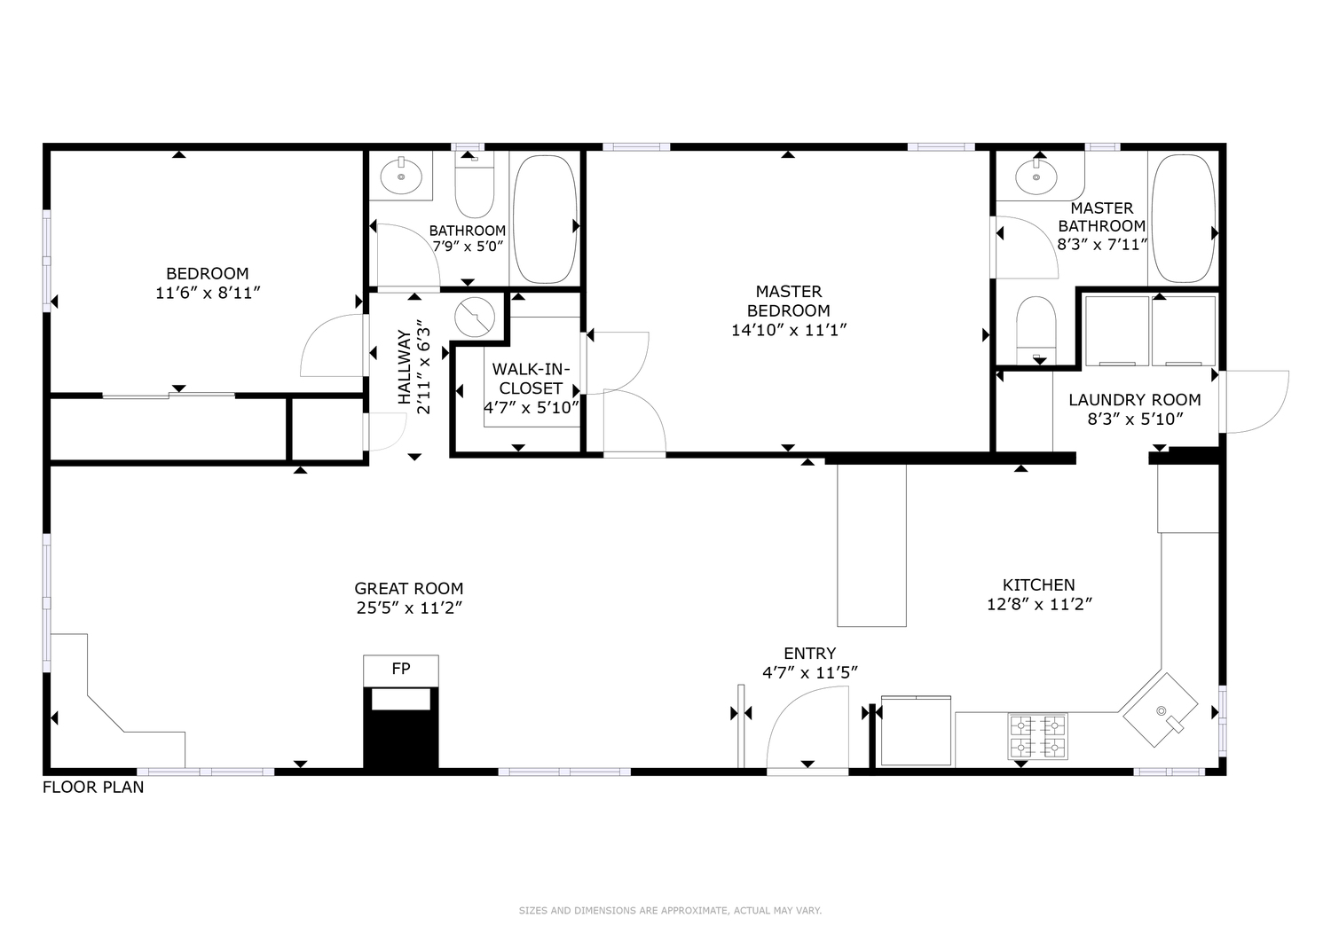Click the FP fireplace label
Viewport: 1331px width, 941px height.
[401, 669]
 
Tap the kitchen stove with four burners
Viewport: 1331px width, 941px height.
[1037, 736]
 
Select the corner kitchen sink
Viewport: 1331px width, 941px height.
[1159, 710]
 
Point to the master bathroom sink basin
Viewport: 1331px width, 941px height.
[1036, 177]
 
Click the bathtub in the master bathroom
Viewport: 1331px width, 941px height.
[1184, 218]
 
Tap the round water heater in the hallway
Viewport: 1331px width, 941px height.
[475, 318]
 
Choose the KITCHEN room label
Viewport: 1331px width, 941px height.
[1039, 584]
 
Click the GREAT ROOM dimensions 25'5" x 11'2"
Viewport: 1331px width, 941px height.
[409, 608]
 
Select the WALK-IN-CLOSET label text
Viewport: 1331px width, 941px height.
[531, 379]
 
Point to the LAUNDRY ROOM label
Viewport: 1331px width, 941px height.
[1135, 400]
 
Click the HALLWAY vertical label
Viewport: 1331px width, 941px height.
[405, 367]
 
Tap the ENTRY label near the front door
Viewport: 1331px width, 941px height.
[810, 654]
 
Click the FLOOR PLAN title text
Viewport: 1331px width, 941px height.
[93, 788]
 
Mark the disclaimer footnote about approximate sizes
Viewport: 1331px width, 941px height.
[670, 910]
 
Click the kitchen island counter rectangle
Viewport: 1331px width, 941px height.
[871, 545]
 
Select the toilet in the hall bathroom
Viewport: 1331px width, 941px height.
[474, 185]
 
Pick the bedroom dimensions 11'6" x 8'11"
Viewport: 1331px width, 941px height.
[208, 293]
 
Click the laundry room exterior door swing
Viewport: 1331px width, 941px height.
[1255, 402]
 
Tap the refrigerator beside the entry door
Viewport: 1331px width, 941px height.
[917, 731]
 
